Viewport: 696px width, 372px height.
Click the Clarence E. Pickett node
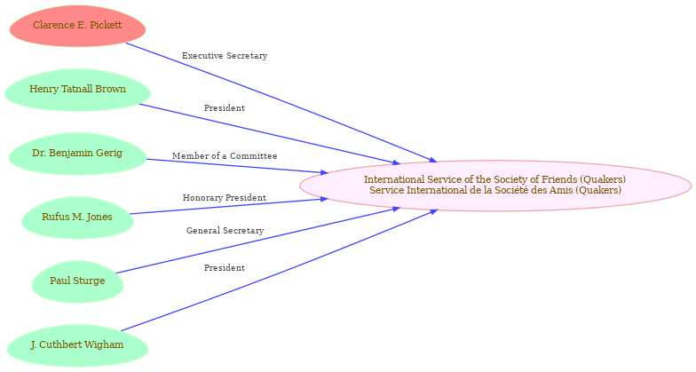(x=78, y=26)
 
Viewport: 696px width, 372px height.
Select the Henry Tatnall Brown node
(x=78, y=90)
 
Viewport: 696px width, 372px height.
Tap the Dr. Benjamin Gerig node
(x=78, y=154)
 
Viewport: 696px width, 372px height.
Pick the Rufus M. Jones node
(x=78, y=218)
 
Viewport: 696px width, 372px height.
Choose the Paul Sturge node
(x=78, y=281)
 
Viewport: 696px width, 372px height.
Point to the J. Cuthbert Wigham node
(x=78, y=345)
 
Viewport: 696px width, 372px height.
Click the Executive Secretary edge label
(x=225, y=56)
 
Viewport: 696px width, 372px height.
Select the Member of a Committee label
(x=225, y=156)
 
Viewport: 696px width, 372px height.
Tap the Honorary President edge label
(x=225, y=198)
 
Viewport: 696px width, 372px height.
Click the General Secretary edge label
(x=225, y=231)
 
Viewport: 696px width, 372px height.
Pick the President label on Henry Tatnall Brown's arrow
(x=225, y=108)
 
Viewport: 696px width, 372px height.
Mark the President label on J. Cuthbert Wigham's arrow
(x=225, y=268)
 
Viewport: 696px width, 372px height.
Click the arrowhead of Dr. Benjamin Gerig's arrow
(x=324, y=172)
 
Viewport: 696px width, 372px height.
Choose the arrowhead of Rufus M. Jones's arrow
(x=324, y=200)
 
